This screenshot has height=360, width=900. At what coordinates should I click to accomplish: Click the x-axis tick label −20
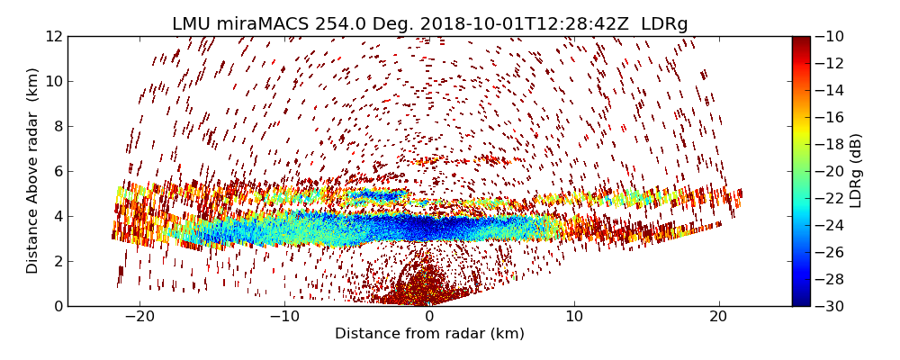tap(139, 317)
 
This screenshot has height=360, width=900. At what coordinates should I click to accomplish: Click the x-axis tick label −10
tap(284, 317)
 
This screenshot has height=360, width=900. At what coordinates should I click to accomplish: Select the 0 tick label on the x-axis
tap(429, 317)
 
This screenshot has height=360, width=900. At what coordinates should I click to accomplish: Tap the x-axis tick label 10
tap(574, 317)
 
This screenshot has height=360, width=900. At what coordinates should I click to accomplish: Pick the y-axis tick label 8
tap(57, 126)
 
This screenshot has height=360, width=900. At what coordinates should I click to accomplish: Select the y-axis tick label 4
tap(57, 216)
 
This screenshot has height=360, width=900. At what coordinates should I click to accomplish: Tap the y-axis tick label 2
tap(57, 261)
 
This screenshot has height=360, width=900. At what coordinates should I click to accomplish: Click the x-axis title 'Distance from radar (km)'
tap(429, 334)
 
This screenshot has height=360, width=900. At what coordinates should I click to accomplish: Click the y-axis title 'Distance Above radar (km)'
tap(33, 171)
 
